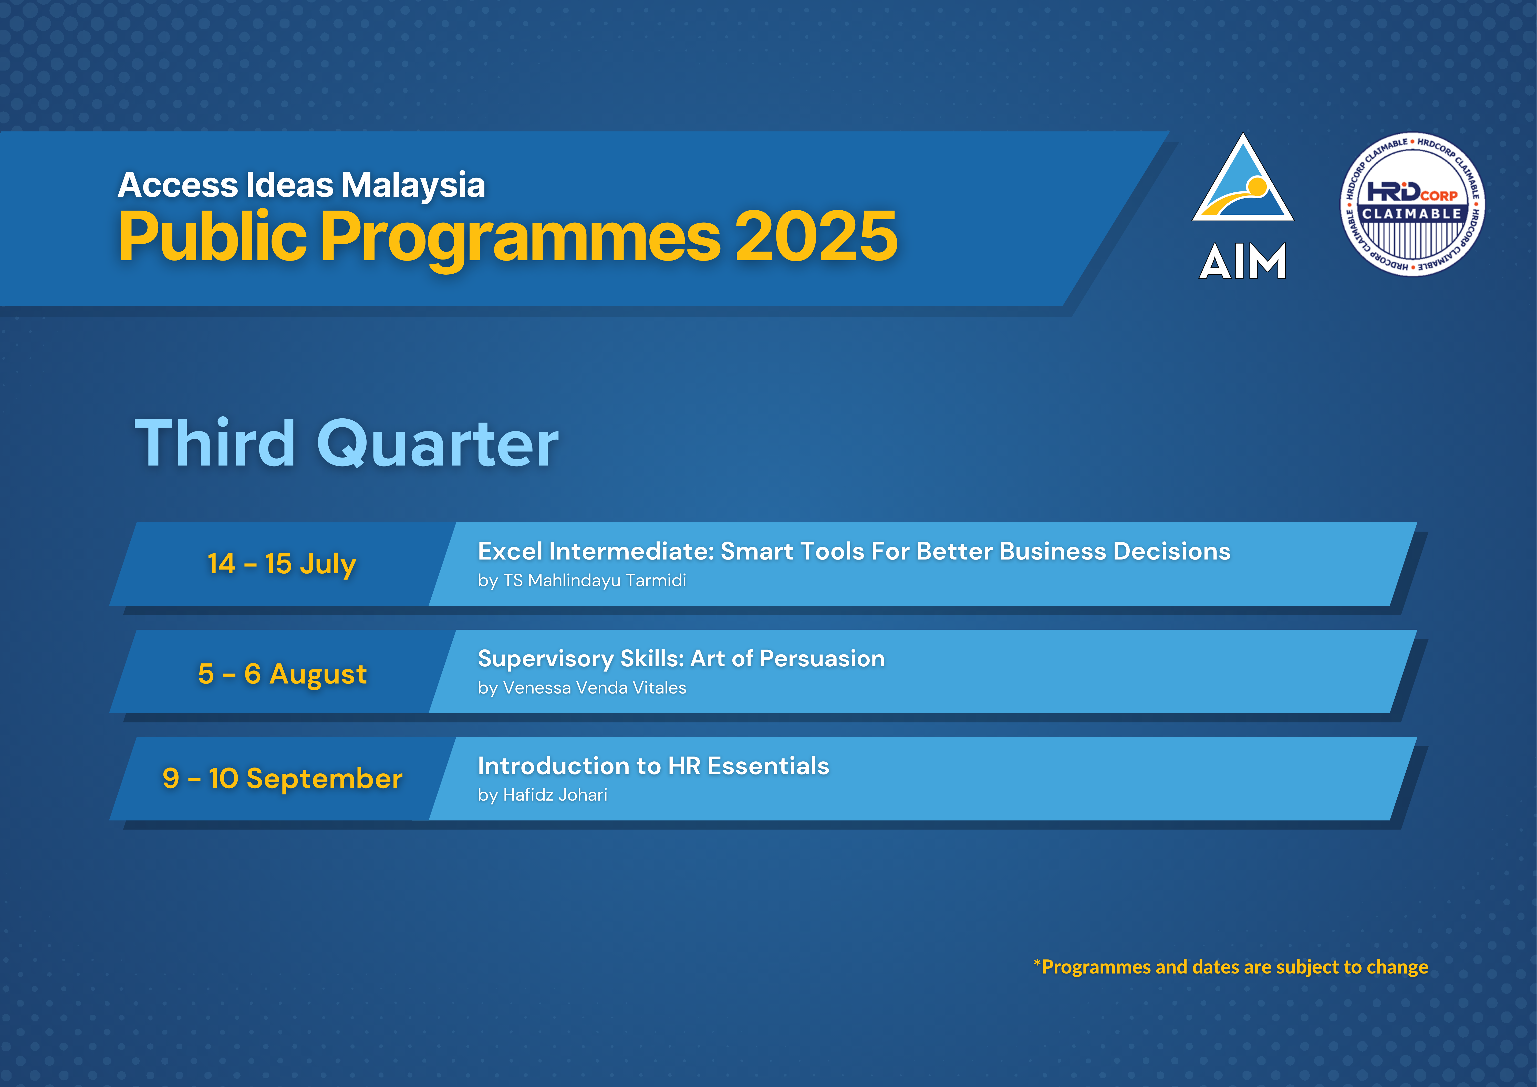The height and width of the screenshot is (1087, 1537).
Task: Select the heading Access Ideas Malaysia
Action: [x=301, y=185]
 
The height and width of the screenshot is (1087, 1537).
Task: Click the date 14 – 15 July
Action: [x=282, y=564]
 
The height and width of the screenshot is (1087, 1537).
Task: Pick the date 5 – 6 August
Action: [x=283, y=674]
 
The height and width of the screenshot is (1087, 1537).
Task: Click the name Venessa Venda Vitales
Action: [x=595, y=688]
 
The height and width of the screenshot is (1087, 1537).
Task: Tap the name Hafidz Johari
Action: [x=555, y=795]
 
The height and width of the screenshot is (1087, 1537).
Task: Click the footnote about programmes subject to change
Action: [x=1230, y=967]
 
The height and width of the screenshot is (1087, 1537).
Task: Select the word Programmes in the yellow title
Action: [x=521, y=238]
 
